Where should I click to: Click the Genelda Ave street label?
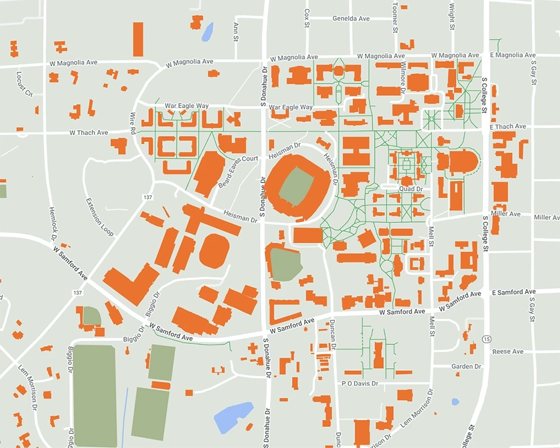coord(351,18)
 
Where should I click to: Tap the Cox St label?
coord(307,13)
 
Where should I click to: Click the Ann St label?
coord(236,32)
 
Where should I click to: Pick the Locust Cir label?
coord(26,81)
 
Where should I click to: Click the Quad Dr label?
coord(410,189)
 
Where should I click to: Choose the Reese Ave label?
coord(507,352)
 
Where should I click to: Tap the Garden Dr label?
coord(466,366)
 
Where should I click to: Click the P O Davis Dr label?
coord(360,384)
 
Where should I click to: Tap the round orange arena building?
coord(214,250)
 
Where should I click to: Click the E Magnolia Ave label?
coord(513,55)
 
